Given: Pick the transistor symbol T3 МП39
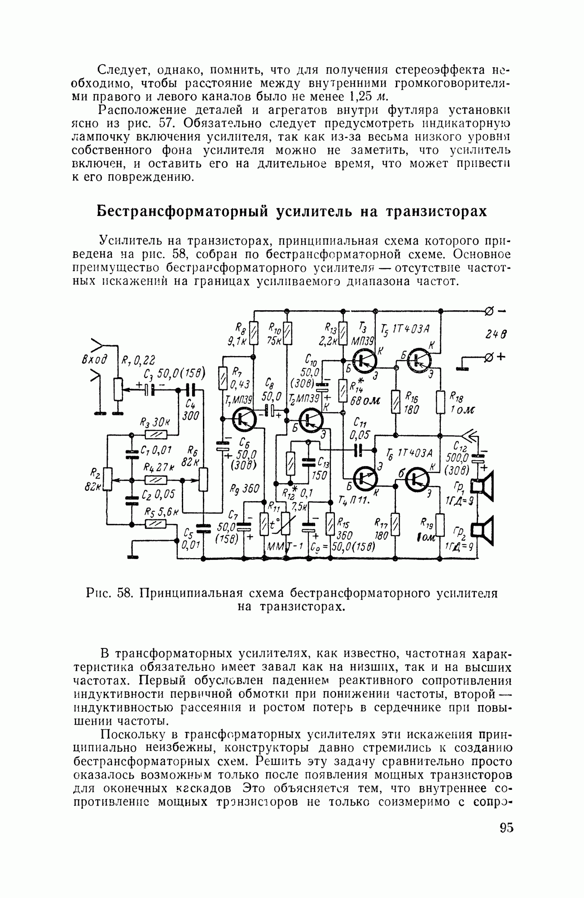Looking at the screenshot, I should [x=365, y=360].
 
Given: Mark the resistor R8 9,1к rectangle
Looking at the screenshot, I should [x=254, y=333].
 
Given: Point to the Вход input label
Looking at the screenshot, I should [x=96, y=359].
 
